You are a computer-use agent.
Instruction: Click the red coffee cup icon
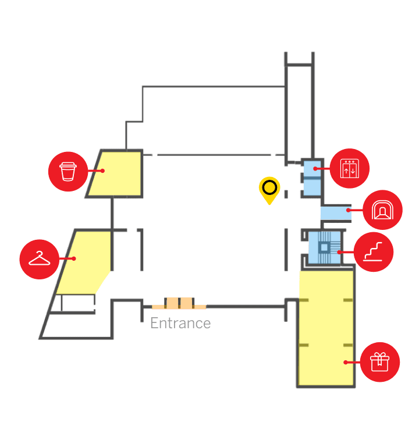coord(68,171)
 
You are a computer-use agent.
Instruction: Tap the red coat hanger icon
coord(40,258)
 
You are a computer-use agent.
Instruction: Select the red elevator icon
coord(350,169)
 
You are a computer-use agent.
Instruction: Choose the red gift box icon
coord(379,362)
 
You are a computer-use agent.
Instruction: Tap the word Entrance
coord(180,323)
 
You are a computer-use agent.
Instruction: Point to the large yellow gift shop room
coord(326,332)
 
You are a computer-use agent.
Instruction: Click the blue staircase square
coord(324,248)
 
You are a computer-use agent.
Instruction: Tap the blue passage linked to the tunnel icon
coord(335,213)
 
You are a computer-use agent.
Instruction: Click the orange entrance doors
coord(179,303)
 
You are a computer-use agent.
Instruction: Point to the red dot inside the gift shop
coord(345,362)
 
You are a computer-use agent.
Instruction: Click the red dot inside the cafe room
coord(102,171)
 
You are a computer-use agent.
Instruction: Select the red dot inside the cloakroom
coord(74,258)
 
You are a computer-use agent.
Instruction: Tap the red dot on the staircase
coord(339,253)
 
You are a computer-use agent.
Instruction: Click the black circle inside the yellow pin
coord(269,187)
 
